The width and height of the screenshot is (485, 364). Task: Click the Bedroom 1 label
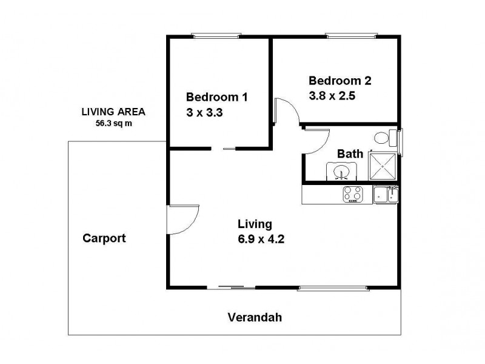216,97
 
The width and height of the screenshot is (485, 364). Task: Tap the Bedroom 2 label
339,80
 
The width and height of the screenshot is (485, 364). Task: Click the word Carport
104,238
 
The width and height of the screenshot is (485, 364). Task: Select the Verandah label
255,317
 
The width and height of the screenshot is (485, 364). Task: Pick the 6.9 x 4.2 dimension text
261,238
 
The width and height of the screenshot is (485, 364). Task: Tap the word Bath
350,154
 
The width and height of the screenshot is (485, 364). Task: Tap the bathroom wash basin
342,172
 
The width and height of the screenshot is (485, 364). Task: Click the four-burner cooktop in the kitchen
353,194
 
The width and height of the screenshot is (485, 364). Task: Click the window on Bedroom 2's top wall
343,36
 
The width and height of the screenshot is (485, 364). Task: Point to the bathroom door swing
315,142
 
